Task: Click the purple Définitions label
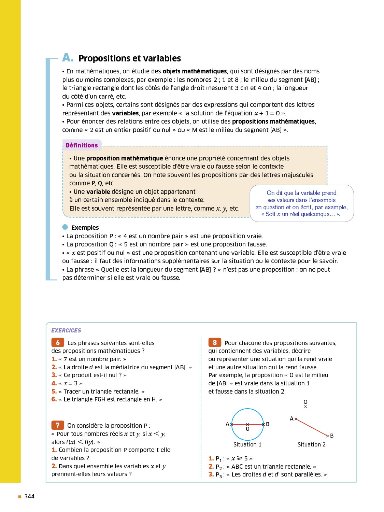(82, 145)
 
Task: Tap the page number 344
(29, 496)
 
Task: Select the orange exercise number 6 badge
(58, 342)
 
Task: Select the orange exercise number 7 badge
(58, 425)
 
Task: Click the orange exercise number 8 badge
(215, 342)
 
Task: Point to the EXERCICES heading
(66, 330)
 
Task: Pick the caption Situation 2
(311, 444)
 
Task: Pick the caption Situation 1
(247, 444)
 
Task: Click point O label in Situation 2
(305, 402)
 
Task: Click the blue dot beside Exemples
(65, 227)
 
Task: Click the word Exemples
(85, 228)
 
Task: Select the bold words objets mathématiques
(195, 71)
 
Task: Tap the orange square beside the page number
(20, 497)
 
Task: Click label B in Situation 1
(268, 424)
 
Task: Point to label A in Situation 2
(291, 418)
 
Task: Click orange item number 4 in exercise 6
(54, 383)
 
